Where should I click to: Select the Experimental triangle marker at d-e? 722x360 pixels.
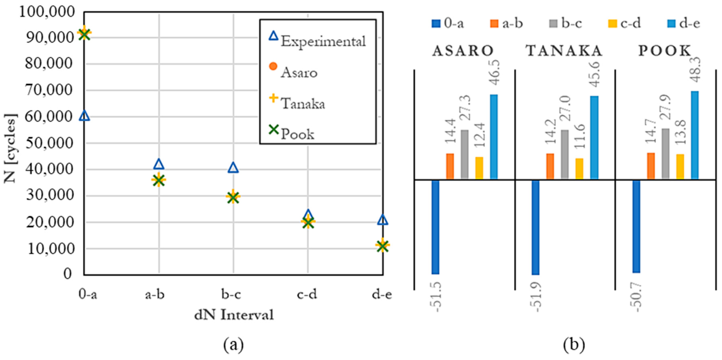coord(382,220)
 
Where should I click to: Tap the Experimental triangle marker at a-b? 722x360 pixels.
coord(159,164)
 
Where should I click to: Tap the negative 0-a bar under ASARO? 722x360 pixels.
coord(435,227)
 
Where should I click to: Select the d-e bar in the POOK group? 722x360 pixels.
coord(695,135)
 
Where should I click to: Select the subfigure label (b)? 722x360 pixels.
coord(574,345)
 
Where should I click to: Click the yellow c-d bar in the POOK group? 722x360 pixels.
coord(680,167)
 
